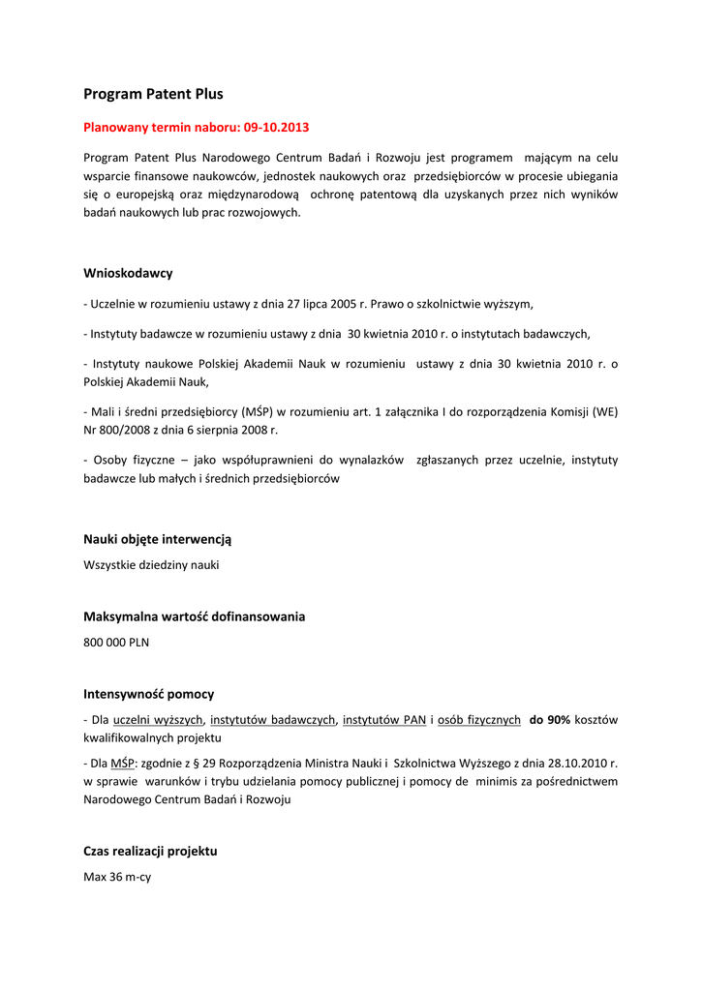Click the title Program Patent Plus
153,95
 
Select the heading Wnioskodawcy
128,273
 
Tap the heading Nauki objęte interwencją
157,539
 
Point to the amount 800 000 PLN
116,642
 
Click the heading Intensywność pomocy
148,694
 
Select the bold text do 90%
549,720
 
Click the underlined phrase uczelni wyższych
158,720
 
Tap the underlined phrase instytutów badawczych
272,720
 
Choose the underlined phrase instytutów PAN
384,720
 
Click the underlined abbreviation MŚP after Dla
123,763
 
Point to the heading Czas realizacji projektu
150,852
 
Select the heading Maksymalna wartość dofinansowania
194,616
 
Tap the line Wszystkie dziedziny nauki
151,564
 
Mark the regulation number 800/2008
130,430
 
